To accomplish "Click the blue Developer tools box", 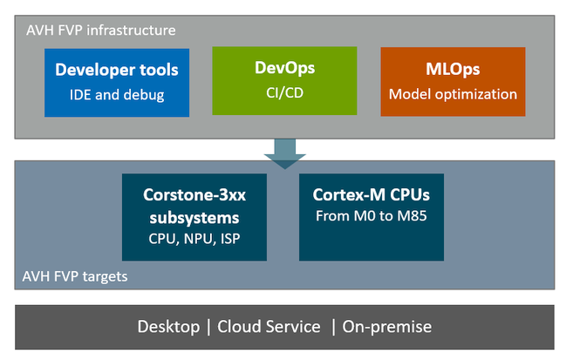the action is [x=117, y=83].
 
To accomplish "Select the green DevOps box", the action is [x=284, y=81].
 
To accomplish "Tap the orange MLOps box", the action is [x=453, y=82].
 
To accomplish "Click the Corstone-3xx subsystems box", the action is [x=194, y=217].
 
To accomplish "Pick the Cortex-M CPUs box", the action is [x=372, y=217].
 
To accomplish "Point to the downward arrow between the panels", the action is [x=285, y=154].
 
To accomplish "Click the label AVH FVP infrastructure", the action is [x=101, y=31].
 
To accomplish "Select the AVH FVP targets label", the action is [x=75, y=276].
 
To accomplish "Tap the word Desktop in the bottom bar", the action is [x=168, y=327].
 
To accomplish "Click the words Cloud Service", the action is [x=269, y=327].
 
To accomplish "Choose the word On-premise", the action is [x=386, y=327].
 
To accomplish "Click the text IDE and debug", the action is [x=117, y=95].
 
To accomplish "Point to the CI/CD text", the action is [x=284, y=93].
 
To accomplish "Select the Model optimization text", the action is [x=453, y=94].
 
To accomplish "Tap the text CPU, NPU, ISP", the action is [x=194, y=239].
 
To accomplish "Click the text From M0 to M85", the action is [x=371, y=215].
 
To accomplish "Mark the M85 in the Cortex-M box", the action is [x=412, y=215].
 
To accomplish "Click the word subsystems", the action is [x=194, y=218].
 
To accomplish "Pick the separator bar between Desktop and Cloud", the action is [x=208, y=327].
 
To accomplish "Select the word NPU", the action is [x=198, y=239].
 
